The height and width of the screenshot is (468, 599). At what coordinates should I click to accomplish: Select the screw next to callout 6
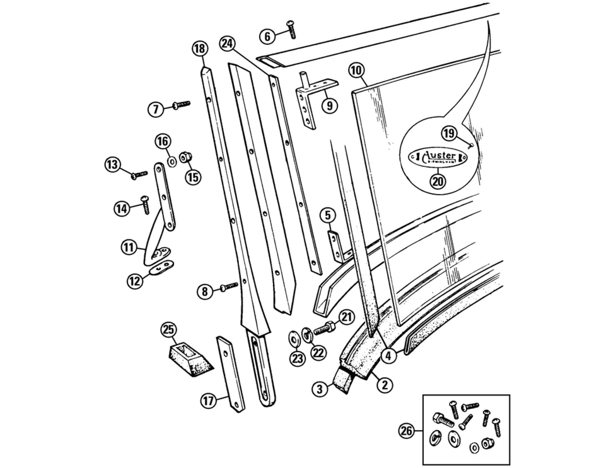(291, 30)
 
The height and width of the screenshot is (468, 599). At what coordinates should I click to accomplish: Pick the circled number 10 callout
(356, 71)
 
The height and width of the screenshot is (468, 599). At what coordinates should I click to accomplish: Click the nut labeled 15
(185, 157)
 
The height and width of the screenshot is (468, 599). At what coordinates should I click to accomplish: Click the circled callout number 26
(407, 431)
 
